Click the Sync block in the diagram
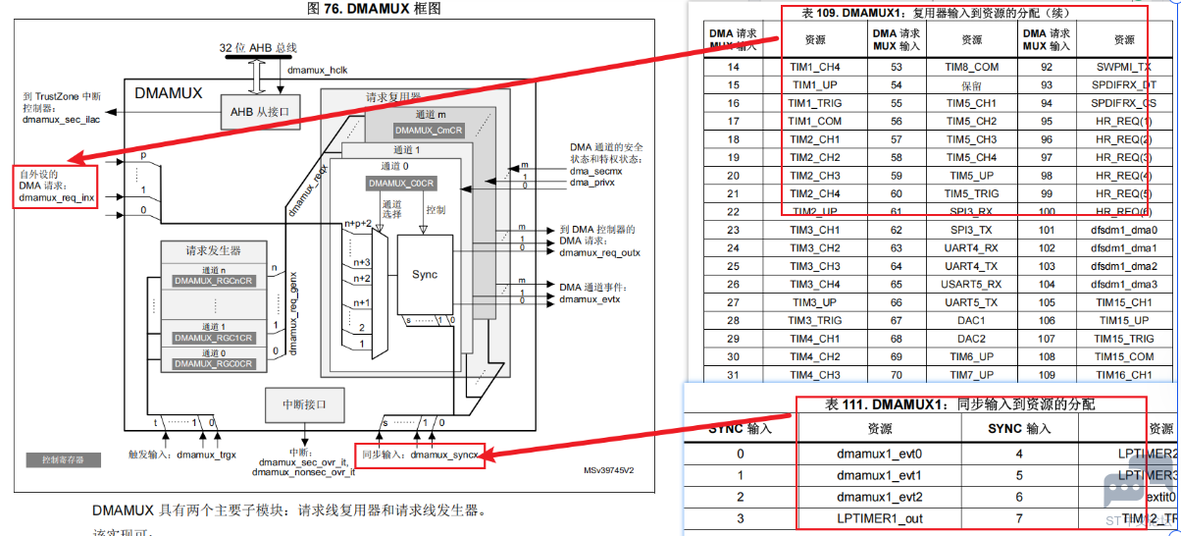coord(425,275)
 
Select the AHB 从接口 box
coord(259,112)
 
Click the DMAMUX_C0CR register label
coord(401,184)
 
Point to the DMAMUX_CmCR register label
coord(428,130)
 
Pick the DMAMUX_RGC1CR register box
coord(214,338)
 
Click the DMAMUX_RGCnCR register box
coord(214,281)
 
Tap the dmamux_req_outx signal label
coord(599,252)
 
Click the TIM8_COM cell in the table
coord(971,67)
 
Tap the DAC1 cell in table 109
coord(971,320)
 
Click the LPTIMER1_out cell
coord(879,517)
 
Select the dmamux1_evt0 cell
coord(879,454)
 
